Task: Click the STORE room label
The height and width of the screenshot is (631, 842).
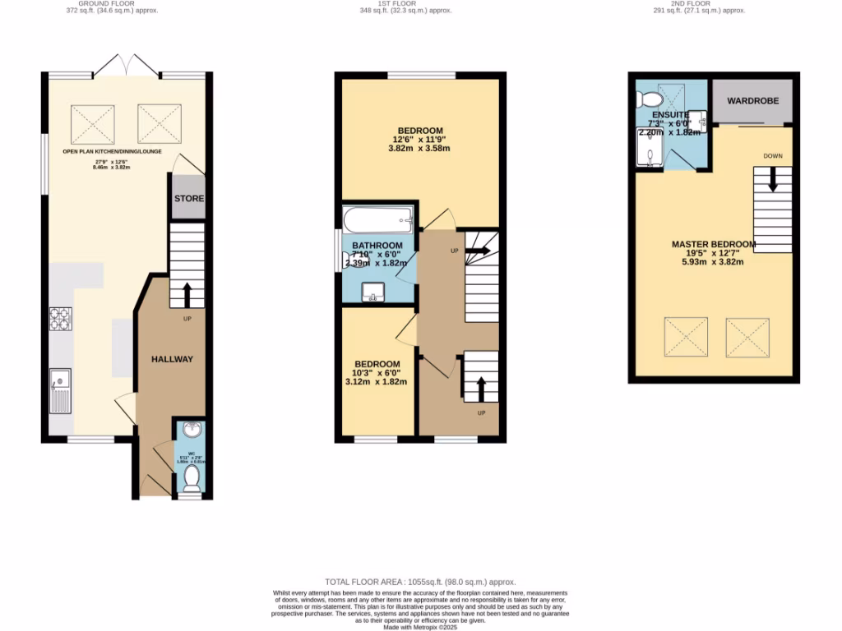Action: pyautogui.click(x=189, y=199)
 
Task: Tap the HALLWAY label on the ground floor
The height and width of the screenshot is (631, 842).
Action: pyautogui.click(x=172, y=359)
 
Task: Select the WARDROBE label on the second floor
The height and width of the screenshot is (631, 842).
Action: pyautogui.click(x=752, y=104)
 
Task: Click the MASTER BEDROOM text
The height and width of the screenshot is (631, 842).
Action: pyautogui.click(x=713, y=244)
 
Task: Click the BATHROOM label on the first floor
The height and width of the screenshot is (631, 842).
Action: pyautogui.click(x=377, y=246)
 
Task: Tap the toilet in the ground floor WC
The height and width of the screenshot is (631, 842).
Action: pyautogui.click(x=192, y=476)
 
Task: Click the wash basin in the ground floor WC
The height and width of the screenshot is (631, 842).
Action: pyautogui.click(x=191, y=430)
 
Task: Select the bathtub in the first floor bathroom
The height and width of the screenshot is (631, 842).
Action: pyautogui.click(x=377, y=219)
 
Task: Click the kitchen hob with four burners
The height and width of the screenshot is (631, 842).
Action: pyautogui.click(x=61, y=318)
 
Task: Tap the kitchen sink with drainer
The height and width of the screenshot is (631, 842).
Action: pyautogui.click(x=60, y=390)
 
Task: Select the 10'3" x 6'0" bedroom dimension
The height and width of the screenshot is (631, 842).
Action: pyautogui.click(x=377, y=373)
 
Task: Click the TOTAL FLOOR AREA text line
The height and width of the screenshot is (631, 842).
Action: pyautogui.click(x=420, y=581)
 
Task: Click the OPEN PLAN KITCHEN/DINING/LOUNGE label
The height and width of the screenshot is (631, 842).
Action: pyautogui.click(x=112, y=152)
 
